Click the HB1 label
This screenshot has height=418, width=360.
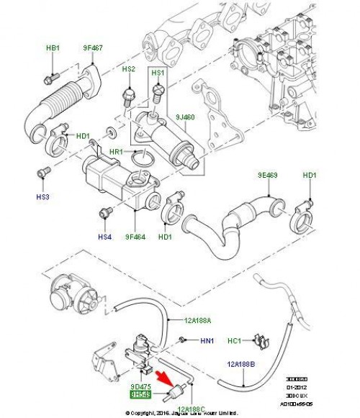tap(52, 48)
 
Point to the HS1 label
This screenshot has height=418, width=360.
tap(157, 73)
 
